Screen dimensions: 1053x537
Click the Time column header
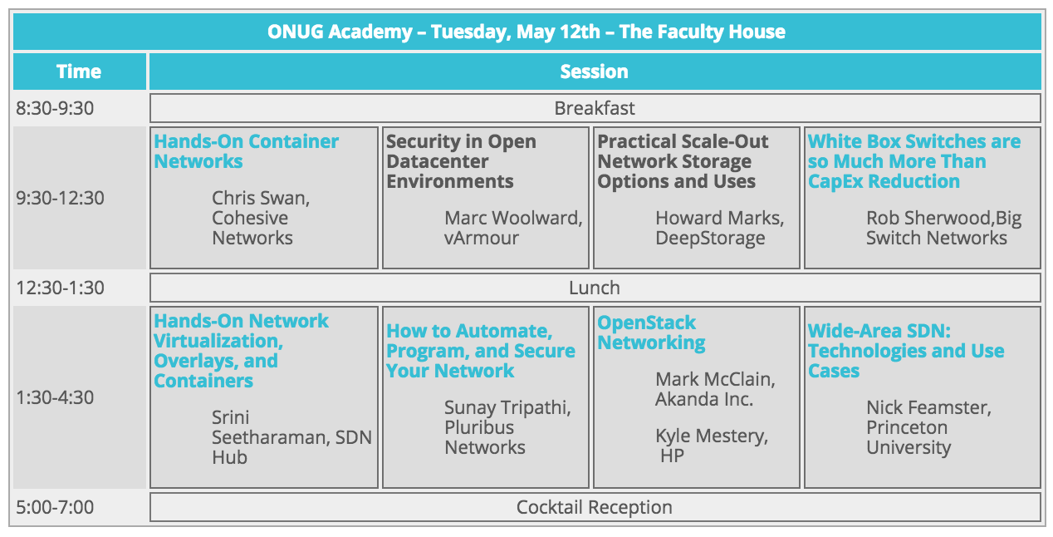click(x=79, y=71)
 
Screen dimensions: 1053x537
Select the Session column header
click(x=595, y=71)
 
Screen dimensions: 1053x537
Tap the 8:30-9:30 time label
click(x=55, y=108)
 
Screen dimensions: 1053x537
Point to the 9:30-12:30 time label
click(x=60, y=198)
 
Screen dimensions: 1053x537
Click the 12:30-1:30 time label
click(x=60, y=288)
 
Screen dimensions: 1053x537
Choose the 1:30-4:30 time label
click(x=55, y=397)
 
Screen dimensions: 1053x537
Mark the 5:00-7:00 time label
click(x=55, y=507)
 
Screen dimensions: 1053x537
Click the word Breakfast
click(x=595, y=108)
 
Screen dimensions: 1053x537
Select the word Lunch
click(x=595, y=288)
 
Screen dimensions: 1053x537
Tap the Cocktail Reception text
click(x=595, y=507)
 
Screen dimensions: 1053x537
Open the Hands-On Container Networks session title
click(x=247, y=151)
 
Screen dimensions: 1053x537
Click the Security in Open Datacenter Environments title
click(x=461, y=161)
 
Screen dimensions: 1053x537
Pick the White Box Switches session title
click(x=914, y=161)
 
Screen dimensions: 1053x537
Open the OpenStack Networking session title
click(x=651, y=333)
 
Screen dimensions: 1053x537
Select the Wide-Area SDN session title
click(x=906, y=351)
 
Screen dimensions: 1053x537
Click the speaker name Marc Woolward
click(x=513, y=218)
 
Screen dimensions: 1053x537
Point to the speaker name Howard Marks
click(x=720, y=218)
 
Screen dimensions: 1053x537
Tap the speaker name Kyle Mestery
click(x=712, y=436)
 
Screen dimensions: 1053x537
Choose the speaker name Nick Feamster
click(x=929, y=407)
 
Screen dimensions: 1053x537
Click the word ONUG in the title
click(x=295, y=32)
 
